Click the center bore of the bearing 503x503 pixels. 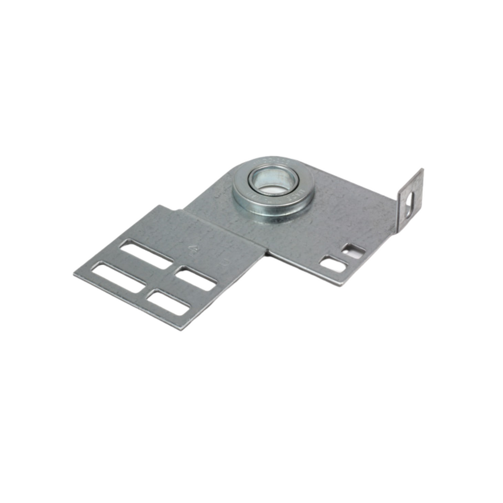pyautogui.click(x=273, y=182)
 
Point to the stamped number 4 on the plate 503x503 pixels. pyautogui.click(x=193, y=248)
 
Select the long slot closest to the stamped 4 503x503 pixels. pyautogui.click(x=146, y=254)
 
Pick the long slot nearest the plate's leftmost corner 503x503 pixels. pyautogui.click(x=118, y=277)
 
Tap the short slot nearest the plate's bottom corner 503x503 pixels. pyautogui.click(x=168, y=302)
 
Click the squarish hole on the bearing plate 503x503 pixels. pyautogui.click(x=354, y=251)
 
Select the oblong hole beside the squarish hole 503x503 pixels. pyautogui.click(x=333, y=264)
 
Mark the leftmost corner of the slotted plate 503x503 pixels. pyautogui.click(x=75, y=273)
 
